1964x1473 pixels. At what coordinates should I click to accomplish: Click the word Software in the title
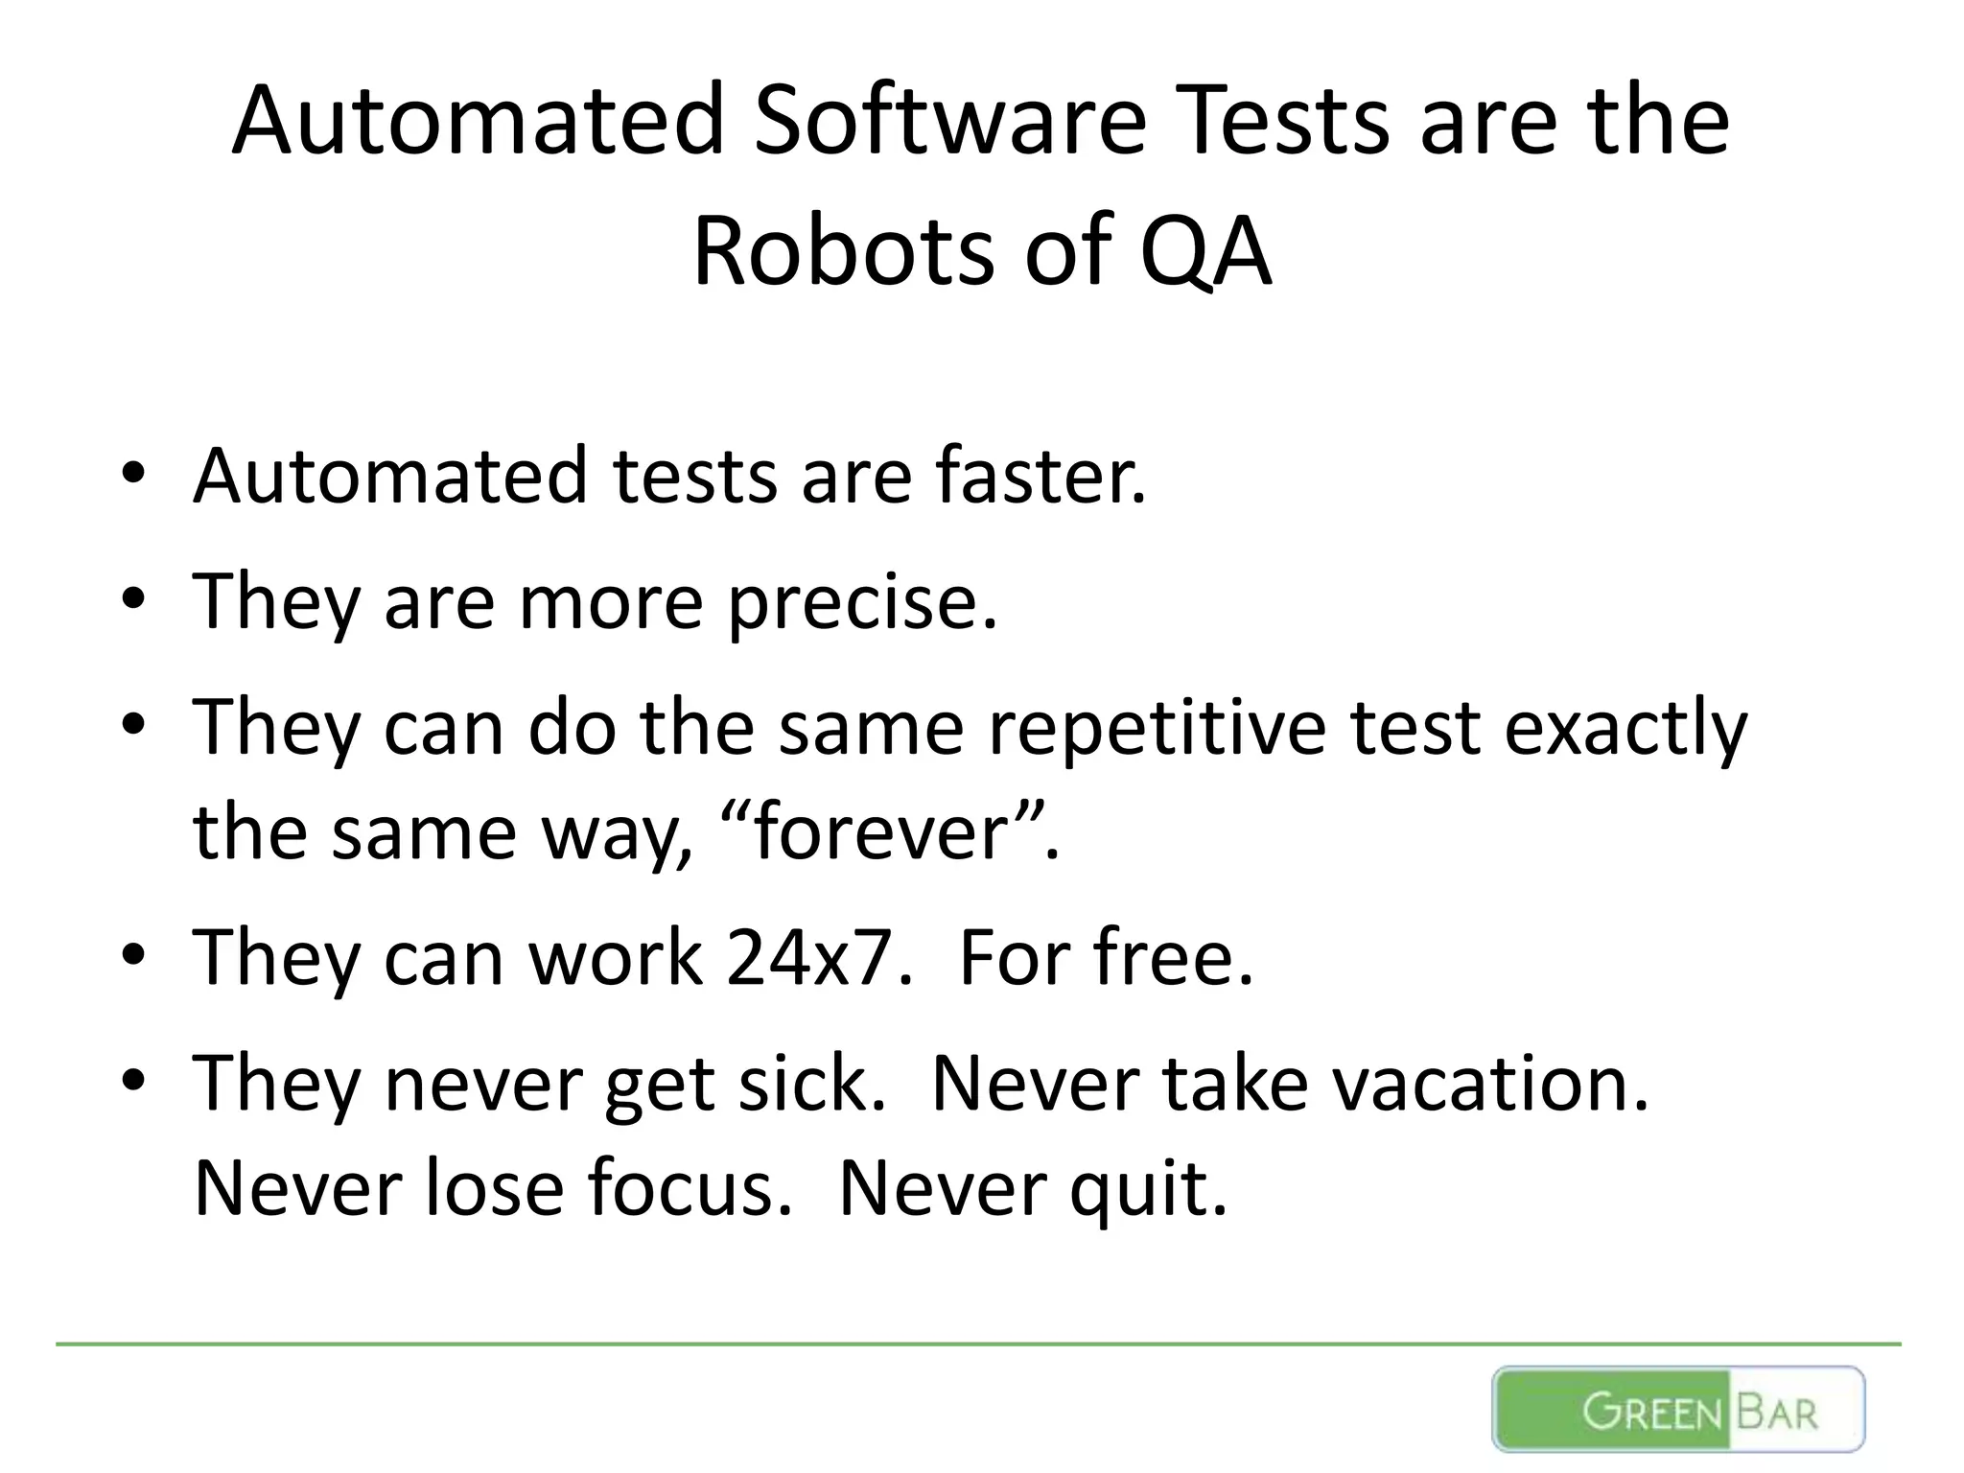click(x=949, y=122)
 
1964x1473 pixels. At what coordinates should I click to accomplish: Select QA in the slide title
click(x=1205, y=251)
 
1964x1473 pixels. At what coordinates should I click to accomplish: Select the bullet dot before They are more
click(x=133, y=600)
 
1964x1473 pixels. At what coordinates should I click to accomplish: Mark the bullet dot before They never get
click(x=133, y=1082)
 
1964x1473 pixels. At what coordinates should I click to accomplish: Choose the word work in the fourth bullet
click(x=615, y=957)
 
